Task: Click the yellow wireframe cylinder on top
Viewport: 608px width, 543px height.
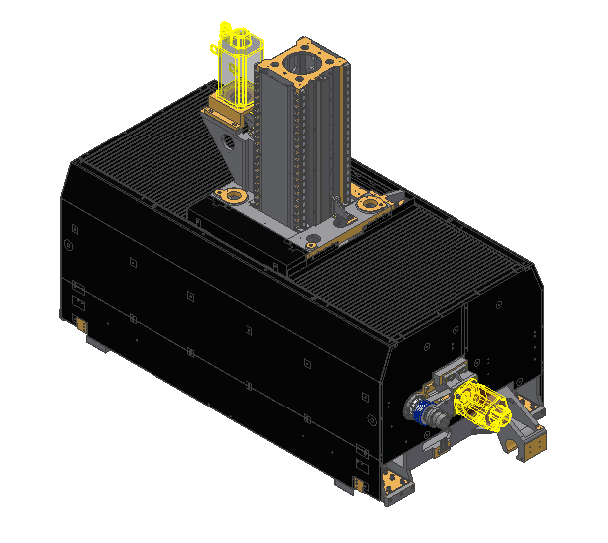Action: coord(238,65)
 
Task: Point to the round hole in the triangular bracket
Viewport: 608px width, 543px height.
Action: coord(232,141)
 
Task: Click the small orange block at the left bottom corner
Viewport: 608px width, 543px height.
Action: coord(78,321)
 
